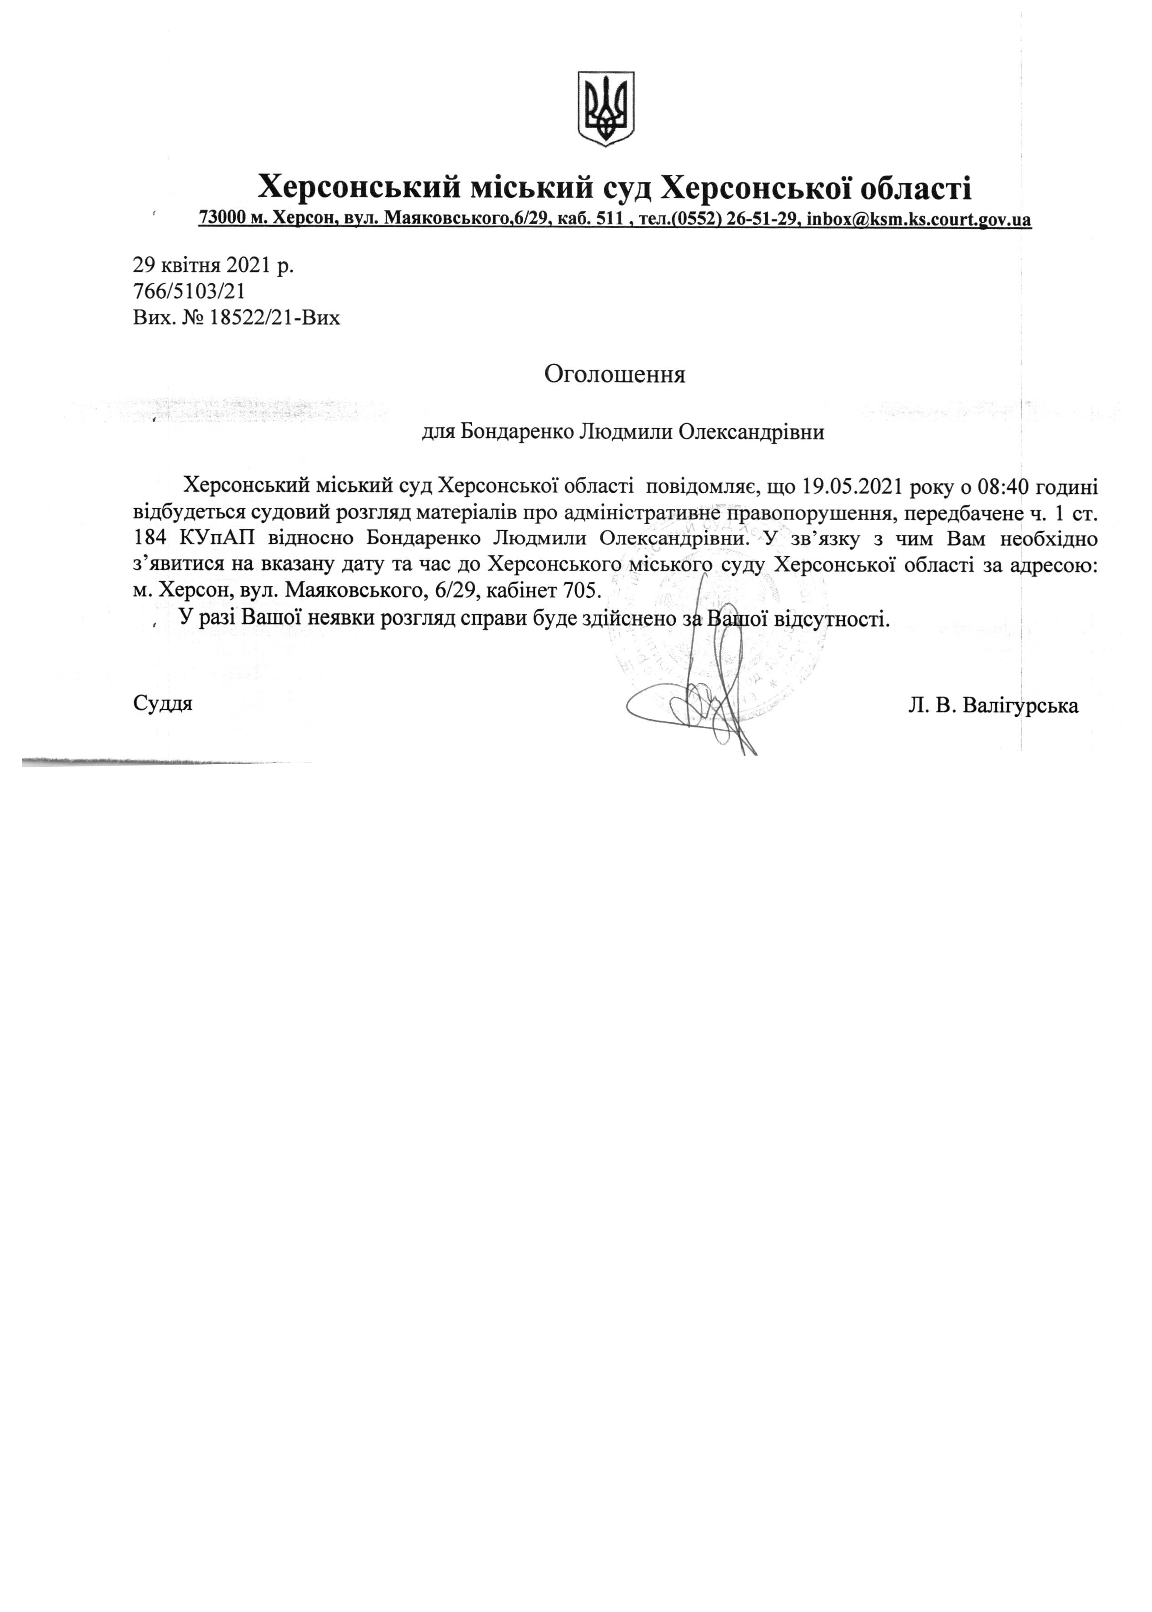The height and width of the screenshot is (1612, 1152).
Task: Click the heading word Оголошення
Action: coord(614,374)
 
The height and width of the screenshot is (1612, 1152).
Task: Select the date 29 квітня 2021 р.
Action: coord(213,265)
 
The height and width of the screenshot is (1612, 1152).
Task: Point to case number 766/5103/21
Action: coord(190,291)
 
